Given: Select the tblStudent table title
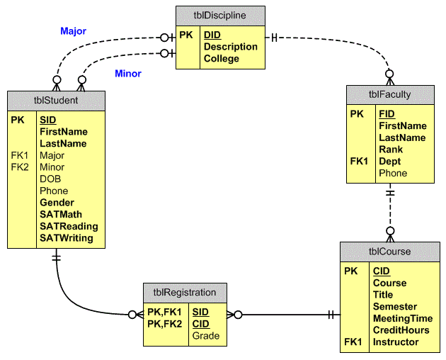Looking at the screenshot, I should [x=56, y=101].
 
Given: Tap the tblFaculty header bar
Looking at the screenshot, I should [x=389, y=95].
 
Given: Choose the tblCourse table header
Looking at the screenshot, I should [x=389, y=252].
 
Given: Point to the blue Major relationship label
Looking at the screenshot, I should [x=73, y=32].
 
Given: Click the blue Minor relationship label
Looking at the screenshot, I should [x=128, y=74].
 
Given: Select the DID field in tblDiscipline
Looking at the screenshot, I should [x=212, y=35].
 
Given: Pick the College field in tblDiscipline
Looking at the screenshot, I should [x=222, y=59].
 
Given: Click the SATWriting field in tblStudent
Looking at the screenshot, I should [x=67, y=238].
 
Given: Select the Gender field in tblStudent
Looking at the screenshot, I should [x=57, y=203].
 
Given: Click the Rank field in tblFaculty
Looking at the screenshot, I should [x=391, y=150].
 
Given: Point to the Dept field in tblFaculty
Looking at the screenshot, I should [x=389, y=162].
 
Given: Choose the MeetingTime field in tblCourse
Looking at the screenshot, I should [x=403, y=318].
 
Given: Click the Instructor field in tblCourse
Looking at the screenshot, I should [x=396, y=342].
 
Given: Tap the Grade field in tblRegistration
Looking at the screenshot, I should [x=206, y=336].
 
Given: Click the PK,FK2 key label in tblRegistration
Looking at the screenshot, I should [x=164, y=324].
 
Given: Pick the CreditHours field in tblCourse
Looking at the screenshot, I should [x=401, y=330].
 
